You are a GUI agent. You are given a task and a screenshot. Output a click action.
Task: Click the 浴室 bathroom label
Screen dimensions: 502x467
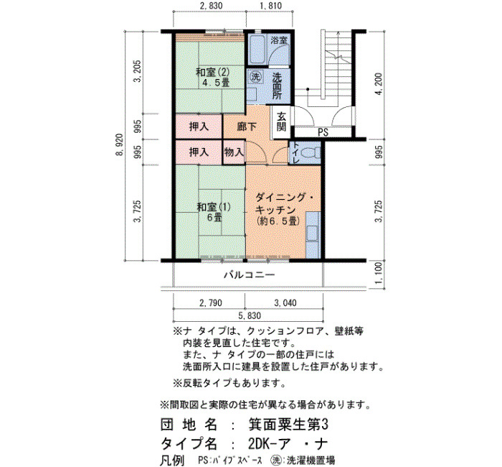pyautogui.click(x=279, y=40)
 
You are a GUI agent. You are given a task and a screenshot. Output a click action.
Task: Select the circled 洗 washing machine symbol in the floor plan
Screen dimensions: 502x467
pyautogui.click(x=255, y=77)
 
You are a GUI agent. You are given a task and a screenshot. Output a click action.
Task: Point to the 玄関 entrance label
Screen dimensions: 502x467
pyautogui.click(x=281, y=122)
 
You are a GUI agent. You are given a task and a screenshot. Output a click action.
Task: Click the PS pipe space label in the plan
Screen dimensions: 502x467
pyautogui.click(x=323, y=132)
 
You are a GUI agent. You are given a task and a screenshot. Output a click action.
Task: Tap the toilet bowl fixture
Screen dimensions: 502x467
pyautogui.click(x=311, y=152)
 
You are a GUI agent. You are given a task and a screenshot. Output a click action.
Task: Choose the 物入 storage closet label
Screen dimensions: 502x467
pyautogui.click(x=234, y=152)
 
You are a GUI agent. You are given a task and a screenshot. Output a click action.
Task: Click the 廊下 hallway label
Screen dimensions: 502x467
pyautogui.click(x=246, y=127)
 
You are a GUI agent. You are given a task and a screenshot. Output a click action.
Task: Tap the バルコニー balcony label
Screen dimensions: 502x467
pyautogui.click(x=249, y=275)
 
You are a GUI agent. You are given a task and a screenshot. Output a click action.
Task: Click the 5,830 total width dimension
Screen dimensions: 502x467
pyautogui.click(x=250, y=316)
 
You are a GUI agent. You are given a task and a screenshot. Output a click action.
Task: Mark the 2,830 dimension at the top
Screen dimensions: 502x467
pyautogui.click(x=211, y=6)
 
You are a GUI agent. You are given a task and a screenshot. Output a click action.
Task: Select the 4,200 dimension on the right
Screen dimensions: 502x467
pyautogui.click(x=379, y=84)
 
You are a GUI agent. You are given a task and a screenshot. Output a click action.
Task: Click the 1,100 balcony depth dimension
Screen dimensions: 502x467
pyautogui.click(x=379, y=274)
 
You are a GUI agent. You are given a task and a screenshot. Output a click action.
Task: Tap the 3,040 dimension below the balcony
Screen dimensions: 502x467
pyautogui.click(x=285, y=302)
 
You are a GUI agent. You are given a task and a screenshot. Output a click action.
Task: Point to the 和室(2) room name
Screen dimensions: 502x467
pyautogui.click(x=212, y=72)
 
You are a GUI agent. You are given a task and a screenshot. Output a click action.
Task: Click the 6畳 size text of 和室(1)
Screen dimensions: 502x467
pyautogui.click(x=214, y=218)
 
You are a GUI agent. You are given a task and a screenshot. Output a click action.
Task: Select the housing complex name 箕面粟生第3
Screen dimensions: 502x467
pyautogui.click(x=288, y=425)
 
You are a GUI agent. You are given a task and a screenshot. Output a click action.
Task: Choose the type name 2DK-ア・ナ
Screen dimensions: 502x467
pyautogui.click(x=288, y=444)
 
